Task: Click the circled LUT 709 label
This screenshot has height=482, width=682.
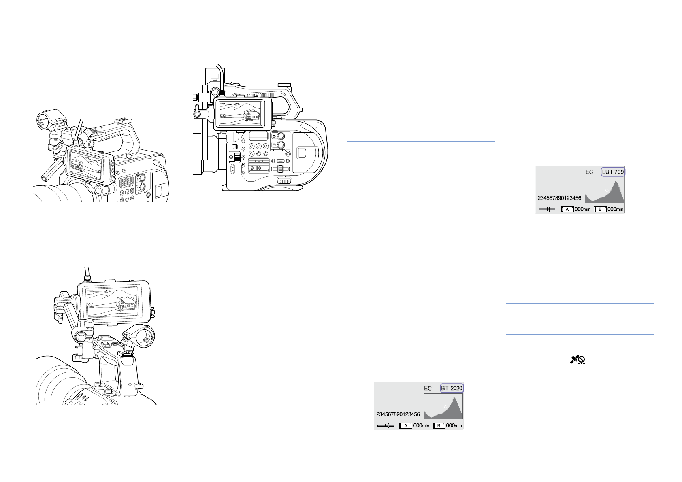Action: pos(613,172)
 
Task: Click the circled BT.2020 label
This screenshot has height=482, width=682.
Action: pos(452,388)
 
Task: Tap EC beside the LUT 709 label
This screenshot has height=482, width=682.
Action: pos(589,172)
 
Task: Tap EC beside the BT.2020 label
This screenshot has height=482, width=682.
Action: pos(428,388)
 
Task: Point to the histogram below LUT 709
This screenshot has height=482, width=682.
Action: pos(604,190)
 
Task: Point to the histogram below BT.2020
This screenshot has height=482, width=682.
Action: pos(443,406)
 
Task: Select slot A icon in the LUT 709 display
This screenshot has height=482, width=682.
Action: pos(567,209)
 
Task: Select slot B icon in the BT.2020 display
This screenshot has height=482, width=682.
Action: pos(439,425)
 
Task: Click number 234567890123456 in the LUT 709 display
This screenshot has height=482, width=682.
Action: pos(559,198)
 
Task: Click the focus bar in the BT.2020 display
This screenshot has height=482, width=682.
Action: pos(386,425)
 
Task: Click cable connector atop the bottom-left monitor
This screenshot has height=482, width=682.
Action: pos(87,279)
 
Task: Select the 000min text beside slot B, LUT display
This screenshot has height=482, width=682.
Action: pos(616,209)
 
